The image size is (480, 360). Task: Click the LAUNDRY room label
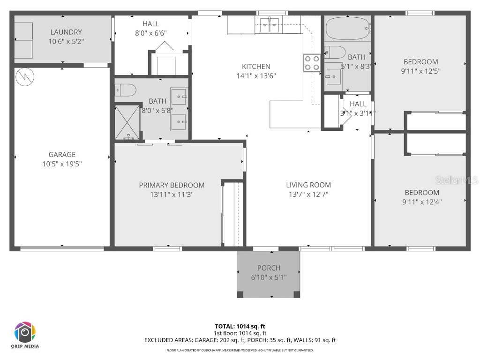(66, 32)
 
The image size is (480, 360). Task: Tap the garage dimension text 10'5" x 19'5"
(62, 164)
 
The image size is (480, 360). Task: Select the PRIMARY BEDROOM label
(172, 185)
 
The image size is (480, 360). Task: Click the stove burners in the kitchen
(312, 63)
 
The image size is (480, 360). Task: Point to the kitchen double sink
(270, 24)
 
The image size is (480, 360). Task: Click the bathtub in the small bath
(347, 28)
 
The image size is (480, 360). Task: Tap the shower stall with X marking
(127, 122)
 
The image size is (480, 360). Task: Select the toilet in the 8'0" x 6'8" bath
(126, 89)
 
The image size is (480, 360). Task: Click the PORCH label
(269, 268)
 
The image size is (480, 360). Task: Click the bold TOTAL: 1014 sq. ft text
(240, 326)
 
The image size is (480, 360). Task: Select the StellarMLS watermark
(456, 180)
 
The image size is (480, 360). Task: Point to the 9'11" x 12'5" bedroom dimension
(421, 71)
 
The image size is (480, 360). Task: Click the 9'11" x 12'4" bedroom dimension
(422, 202)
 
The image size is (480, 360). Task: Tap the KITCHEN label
(256, 67)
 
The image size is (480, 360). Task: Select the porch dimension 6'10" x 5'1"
(269, 277)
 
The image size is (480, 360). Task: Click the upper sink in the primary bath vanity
(179, 97)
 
